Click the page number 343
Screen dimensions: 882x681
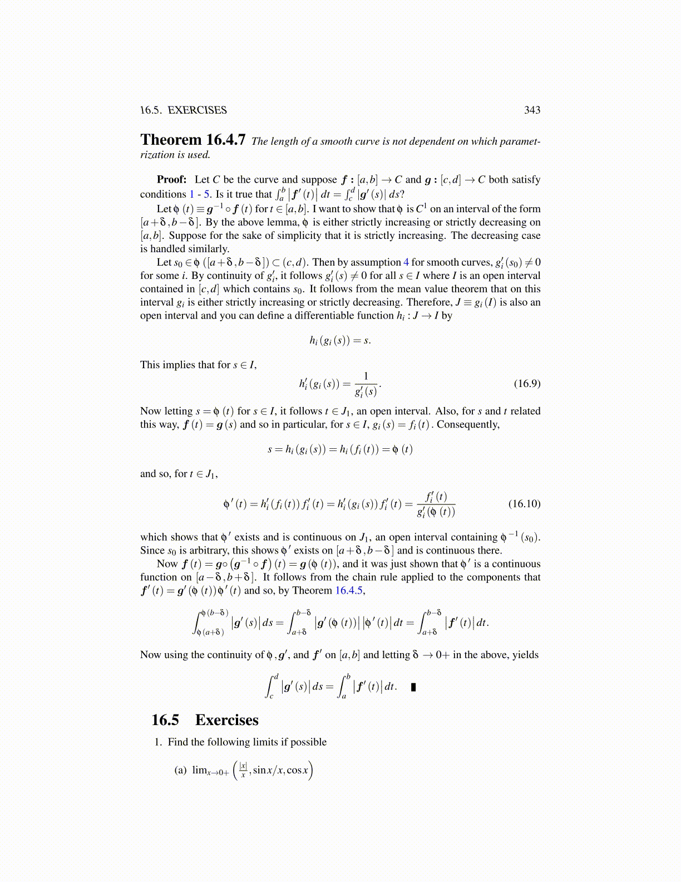[532, 110]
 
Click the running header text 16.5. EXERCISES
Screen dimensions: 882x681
[183, 110]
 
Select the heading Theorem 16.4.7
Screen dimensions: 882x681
[193, 140]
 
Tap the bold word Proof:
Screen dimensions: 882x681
[171, 179]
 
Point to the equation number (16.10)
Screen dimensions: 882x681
[524, 504]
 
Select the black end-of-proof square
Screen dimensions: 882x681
[413, 687]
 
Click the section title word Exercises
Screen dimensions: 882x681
[226, 720]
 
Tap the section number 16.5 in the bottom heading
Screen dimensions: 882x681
[165, 720]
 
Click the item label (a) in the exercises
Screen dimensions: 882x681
[180, 770]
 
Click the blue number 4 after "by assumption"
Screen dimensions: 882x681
[406, 262]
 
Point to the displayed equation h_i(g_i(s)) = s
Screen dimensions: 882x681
[340, 340]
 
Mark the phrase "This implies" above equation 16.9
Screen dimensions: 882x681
[166, 365]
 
